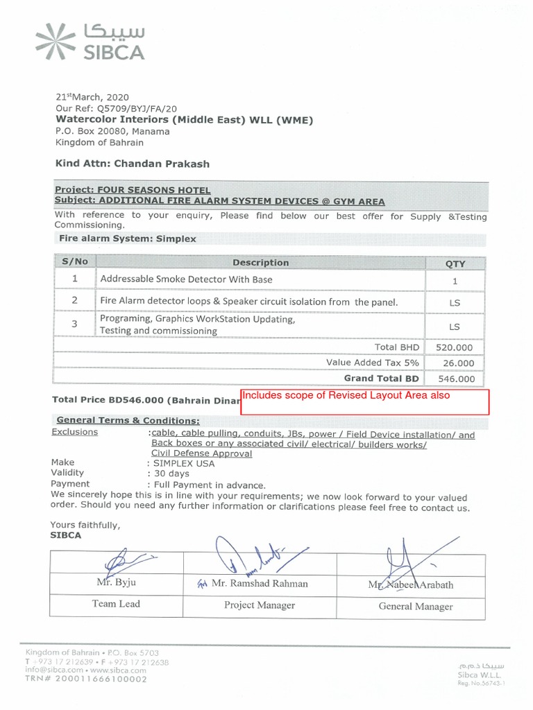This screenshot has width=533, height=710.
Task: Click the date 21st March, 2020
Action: coord(92,98)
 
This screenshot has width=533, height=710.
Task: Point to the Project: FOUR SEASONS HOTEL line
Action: coord(133,190)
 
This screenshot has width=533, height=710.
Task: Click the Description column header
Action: coord(260,263)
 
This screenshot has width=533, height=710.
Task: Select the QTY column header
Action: coord(455,263)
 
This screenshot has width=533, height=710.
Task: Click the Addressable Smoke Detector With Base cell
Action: coord(187,279)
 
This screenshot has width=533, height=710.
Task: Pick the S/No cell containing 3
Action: coord(74,324)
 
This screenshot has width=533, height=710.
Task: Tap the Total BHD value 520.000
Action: coord(455,347)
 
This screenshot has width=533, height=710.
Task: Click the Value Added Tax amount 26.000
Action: coord(458,363)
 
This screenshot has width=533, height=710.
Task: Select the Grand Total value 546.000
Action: coord(456,379)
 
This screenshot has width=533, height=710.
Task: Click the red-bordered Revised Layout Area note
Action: coord(365,401)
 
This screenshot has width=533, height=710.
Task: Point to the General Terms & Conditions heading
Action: coord(128,420)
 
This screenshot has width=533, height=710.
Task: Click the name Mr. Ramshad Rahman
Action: coord(260,584)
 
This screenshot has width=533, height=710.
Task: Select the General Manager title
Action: coord(415,607)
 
